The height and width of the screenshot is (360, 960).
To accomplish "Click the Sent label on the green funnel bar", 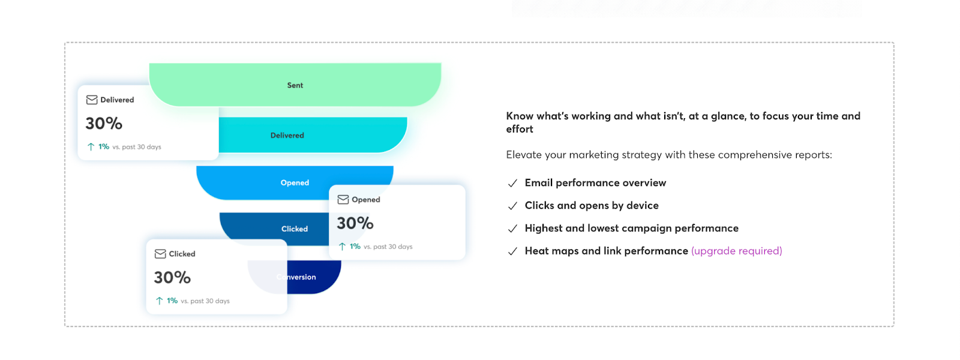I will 295,85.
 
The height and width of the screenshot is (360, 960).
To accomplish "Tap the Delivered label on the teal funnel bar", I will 287,135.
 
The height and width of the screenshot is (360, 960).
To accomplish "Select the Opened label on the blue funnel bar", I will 295,182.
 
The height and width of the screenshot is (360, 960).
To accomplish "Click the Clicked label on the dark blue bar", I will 294,229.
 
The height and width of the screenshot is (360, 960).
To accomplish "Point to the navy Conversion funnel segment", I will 315,277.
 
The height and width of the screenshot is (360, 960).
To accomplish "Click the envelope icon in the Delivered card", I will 92,100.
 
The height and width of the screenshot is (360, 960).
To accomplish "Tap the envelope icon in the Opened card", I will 343,199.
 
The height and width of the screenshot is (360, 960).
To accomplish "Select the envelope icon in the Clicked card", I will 160,254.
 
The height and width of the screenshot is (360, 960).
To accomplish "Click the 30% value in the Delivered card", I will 104,123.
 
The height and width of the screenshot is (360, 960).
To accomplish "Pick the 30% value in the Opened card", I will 355,223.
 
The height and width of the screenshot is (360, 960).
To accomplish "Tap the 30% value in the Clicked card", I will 172,277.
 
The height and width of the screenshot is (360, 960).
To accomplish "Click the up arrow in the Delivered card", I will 91,146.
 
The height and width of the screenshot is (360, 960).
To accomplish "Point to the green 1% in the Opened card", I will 355,247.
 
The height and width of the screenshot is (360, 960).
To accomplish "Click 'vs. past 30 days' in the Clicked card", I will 205,301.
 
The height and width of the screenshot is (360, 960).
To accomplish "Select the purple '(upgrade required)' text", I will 736,251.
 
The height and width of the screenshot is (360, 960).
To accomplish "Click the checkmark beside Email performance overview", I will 512,183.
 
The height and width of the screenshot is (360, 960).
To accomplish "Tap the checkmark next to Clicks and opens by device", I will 512,206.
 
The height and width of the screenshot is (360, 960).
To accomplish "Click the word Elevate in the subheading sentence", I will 524,155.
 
